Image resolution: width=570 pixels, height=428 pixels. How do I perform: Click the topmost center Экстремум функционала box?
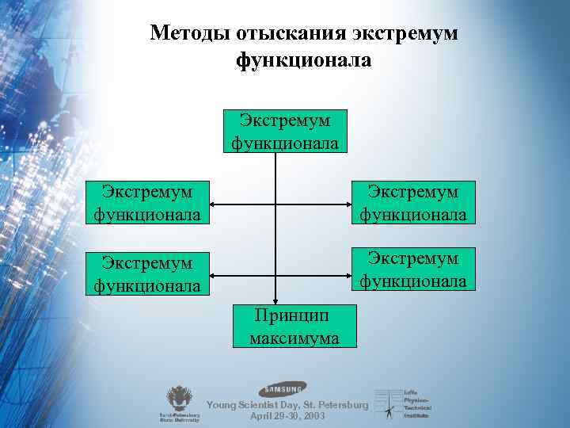(284, 131)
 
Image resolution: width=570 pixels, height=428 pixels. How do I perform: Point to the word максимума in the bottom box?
(294, 338)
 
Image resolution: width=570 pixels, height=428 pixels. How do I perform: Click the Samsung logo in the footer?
(283, 389)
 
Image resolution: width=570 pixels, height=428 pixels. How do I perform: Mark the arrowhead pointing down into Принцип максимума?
(275, 300)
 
